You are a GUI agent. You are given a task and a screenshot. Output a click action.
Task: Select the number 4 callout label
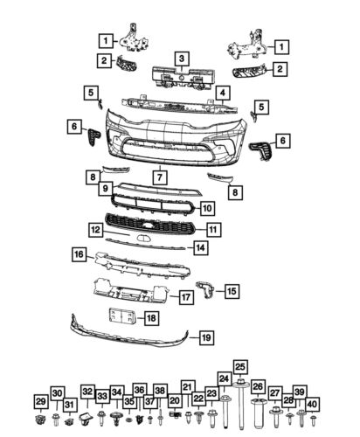coord(223,93)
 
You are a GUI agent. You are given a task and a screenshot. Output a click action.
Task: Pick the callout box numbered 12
coord(95,229)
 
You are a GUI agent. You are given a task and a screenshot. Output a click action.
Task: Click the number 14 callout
coord(200,248)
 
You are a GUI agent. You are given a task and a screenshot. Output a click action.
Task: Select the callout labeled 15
coord(231,290)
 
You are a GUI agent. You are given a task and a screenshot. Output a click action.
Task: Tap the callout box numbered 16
coord(79,254)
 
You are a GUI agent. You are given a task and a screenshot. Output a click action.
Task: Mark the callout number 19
coord(206,336)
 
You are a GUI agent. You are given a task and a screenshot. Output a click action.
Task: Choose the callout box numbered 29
coord(40,400)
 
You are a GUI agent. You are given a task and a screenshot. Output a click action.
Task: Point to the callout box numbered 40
coord(313,404)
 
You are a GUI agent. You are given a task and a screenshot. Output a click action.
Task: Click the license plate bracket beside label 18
coord(120,319)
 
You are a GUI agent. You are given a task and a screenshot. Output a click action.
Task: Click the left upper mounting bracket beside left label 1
coord(133,38)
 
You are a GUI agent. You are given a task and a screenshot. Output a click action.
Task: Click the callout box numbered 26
coord(258,386)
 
